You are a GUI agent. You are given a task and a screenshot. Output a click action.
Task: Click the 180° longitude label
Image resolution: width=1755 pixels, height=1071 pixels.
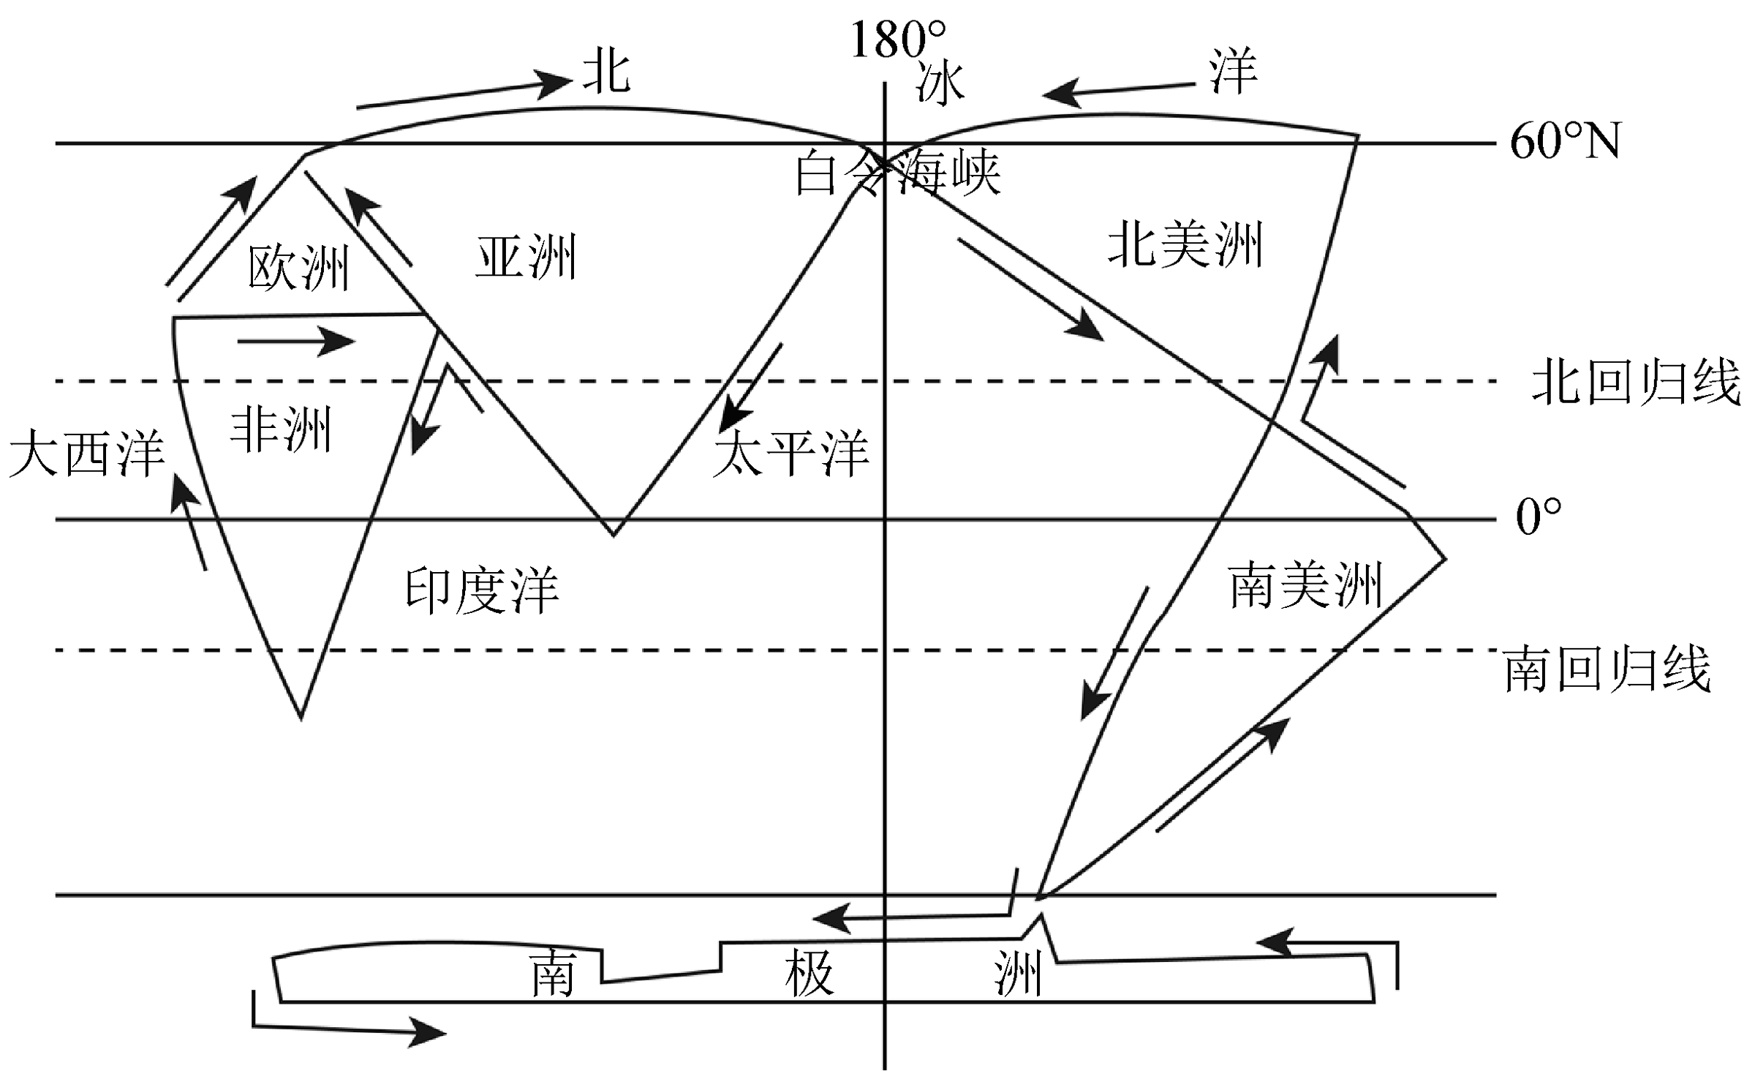898,40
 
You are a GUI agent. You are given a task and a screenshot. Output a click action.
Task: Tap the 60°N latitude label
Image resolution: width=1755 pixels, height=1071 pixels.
1565,142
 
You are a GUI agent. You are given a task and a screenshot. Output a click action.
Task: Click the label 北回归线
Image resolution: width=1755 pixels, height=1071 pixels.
1637,382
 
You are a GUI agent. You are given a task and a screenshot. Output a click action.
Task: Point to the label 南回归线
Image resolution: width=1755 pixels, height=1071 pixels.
1607,669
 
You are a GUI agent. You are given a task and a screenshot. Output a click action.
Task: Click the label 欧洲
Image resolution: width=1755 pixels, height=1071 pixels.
298,268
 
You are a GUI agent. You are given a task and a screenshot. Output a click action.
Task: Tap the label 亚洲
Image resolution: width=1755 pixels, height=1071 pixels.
526,258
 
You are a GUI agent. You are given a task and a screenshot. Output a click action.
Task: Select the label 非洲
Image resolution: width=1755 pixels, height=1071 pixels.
282,430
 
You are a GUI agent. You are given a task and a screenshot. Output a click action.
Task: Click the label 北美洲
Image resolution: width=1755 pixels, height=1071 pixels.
1185,245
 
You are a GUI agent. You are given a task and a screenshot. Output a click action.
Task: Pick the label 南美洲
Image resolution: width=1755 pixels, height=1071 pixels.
1306,585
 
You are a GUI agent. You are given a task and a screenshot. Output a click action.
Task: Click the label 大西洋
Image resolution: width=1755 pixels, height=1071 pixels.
86,454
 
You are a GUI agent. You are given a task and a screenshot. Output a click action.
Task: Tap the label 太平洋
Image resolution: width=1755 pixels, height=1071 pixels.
791,454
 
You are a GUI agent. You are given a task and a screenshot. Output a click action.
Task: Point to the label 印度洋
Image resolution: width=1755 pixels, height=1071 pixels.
483,590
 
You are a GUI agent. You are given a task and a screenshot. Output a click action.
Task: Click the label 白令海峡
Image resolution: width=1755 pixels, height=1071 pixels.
898,173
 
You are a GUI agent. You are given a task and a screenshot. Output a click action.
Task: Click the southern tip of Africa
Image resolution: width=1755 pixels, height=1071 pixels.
301,717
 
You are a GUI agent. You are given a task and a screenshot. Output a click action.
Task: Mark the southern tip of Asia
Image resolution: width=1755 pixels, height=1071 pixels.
614,534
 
